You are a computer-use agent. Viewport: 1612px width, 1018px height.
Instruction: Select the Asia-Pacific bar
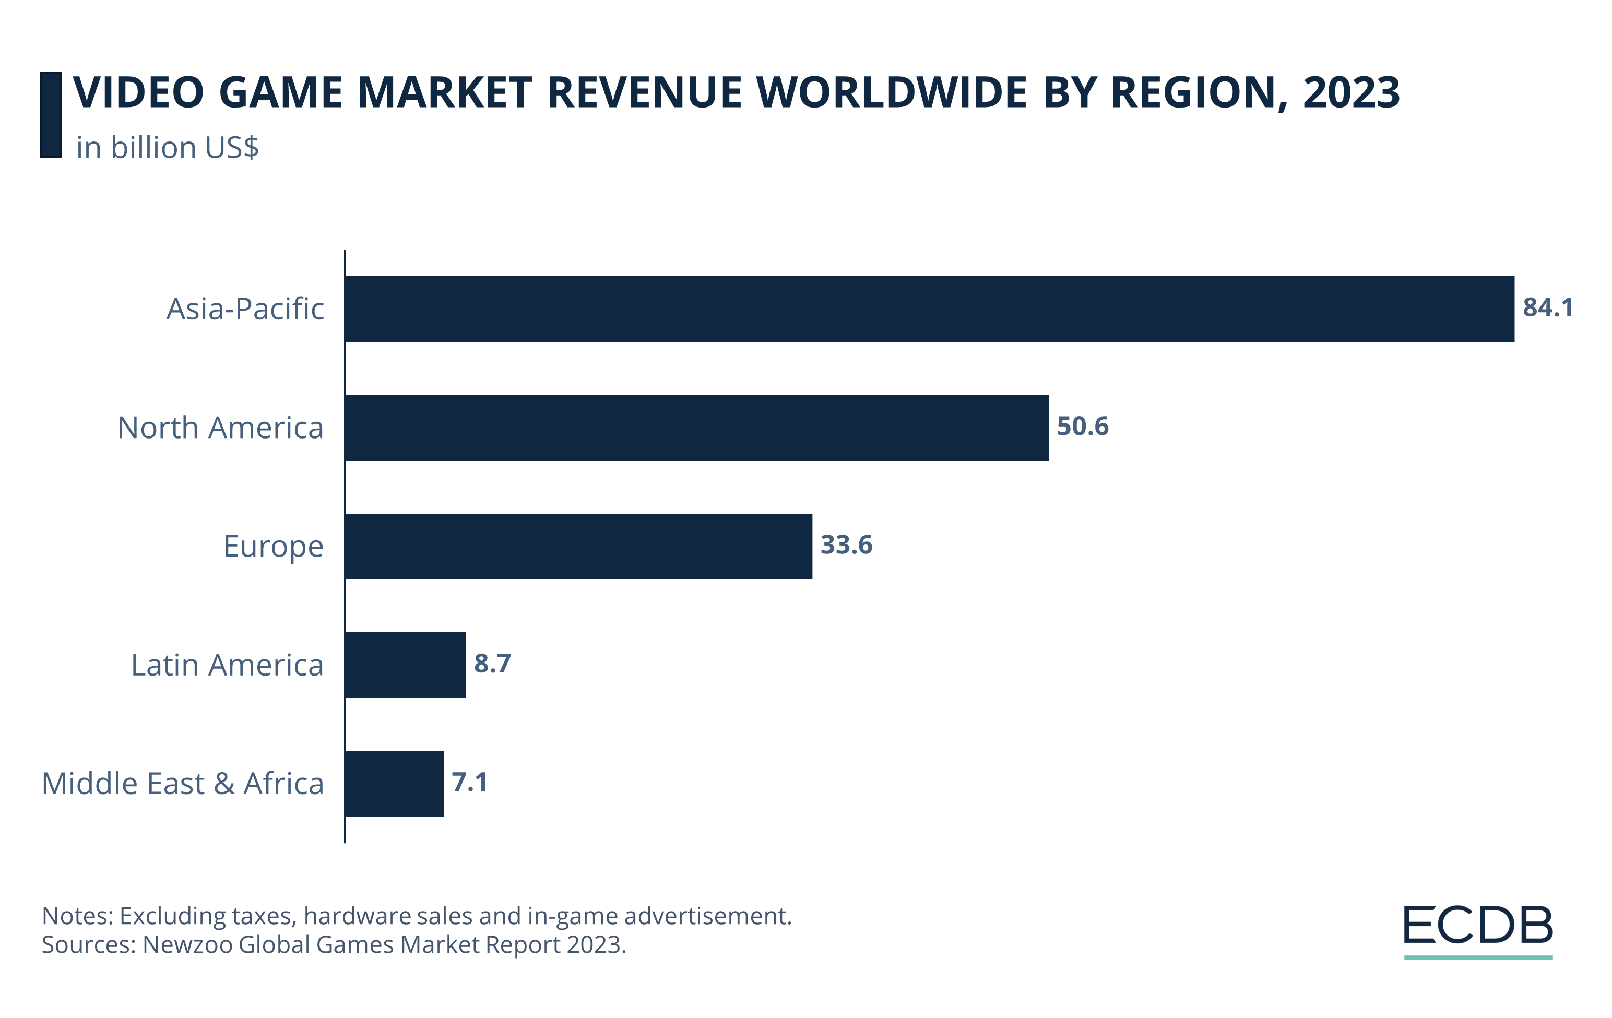pos(929,309)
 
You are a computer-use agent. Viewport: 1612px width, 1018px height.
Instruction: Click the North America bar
pos(696,428)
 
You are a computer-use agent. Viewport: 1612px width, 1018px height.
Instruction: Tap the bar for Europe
pos(578,546)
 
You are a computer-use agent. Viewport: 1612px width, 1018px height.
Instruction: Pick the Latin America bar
pos(405,665)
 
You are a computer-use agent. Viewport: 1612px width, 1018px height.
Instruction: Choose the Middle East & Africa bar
pos(394,783)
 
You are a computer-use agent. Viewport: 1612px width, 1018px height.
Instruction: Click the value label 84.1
pos(1548,308)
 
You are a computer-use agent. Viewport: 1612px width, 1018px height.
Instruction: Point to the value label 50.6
pos(1083,427)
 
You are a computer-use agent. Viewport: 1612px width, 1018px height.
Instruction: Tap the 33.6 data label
pos(846,545)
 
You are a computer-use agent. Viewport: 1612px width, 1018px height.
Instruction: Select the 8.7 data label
pos(492,664)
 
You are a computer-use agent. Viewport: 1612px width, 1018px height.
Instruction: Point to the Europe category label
pos(273,547)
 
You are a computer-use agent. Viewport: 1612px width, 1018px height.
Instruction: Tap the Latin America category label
pos(227,665)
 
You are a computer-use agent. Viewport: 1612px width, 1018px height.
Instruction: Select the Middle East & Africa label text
pos(183,784)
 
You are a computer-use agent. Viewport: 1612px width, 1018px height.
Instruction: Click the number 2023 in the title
pos(1351,92)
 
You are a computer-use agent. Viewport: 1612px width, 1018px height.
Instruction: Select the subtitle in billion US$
pos(168,148)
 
